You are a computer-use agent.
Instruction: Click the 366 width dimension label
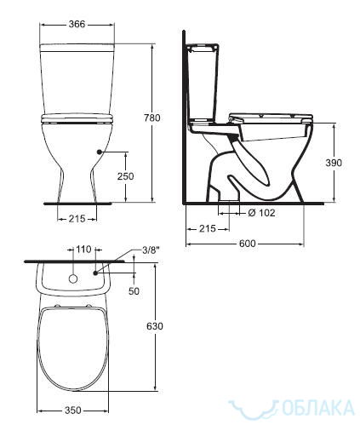(77, 24)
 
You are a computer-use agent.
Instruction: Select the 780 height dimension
(152, 118)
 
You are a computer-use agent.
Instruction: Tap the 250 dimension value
(125, 176)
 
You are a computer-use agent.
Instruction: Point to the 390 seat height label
(334, 163)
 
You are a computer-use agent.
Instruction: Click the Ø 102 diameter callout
(261, 213)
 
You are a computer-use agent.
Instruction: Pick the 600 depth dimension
(247, 244)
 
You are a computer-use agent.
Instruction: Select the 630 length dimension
(155, 326)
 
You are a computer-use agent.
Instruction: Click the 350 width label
(73, 411)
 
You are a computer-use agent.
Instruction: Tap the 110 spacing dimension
(83, 250)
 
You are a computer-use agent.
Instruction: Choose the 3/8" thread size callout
(151, 250)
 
